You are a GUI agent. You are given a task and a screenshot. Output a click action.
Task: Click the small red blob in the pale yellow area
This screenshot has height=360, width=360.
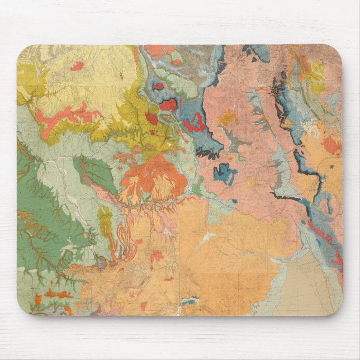[x=77, y=66]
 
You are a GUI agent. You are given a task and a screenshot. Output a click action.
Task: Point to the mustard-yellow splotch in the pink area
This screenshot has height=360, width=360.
[x=228, y=118]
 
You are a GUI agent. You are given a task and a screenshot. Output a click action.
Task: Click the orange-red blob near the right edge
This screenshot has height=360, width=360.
[x=331, y=146]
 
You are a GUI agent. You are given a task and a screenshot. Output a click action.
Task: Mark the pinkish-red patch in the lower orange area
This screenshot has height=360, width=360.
[x=158, y=256]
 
